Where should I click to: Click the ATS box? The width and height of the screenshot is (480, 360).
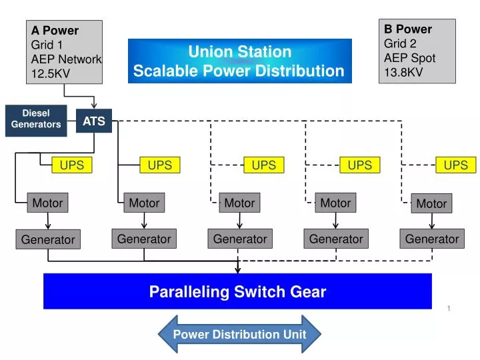94,121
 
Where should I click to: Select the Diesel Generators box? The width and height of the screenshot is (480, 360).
36,119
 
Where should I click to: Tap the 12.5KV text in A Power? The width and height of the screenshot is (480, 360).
49,73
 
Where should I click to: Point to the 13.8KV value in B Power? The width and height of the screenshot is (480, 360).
403,72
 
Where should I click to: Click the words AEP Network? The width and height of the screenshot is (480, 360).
66,59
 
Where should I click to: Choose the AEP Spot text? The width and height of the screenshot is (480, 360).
409,58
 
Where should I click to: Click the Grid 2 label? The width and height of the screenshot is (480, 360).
400,43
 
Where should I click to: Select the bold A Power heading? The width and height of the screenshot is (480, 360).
55,31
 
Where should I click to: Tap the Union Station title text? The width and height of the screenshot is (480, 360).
239,51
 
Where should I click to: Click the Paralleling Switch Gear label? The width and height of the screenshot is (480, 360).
237,291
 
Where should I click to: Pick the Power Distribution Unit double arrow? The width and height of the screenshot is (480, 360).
239,334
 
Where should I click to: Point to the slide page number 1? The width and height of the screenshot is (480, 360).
449,307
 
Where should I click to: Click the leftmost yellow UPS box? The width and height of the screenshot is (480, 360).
72,165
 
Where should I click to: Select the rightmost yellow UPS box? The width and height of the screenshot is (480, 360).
456,165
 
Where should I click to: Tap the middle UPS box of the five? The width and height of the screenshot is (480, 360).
264,165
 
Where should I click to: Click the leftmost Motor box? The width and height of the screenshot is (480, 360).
48,203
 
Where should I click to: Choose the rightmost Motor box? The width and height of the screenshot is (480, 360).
431,203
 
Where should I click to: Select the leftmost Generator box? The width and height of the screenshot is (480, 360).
48,239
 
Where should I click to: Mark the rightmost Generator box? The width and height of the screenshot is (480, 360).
432,239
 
